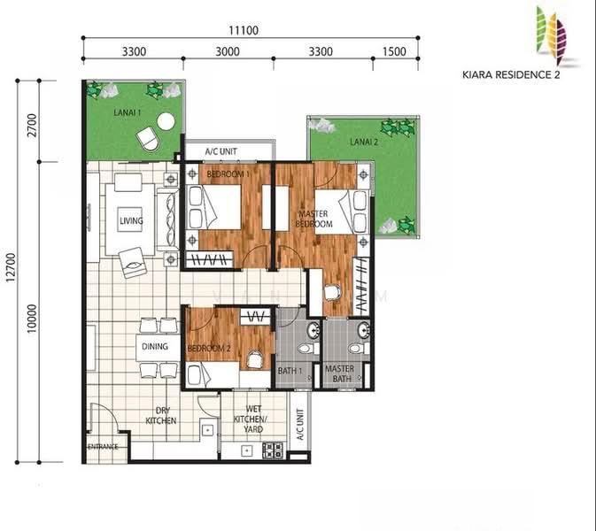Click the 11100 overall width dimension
click(x=244, y=30)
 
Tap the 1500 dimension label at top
click(x=394, y=51)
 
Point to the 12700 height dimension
click(x=11, y=267)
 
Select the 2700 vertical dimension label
click(x=33, y=126)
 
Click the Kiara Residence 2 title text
click(x=511, y=74)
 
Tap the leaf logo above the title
click(x=551, y=35)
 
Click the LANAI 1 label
click(x=128, y=112)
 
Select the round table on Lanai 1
click(x=166, y=122)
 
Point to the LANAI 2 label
click(x=364, y=142)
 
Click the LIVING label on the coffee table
click(x=131, y=220)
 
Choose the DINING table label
click(x=155, y=346)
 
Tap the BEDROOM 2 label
click(x=209, y=349)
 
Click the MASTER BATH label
click(x=340, y=373)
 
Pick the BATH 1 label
click(x=290, y=371)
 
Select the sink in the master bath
click(x=364, y=329)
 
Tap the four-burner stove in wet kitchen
click(x=273, y=450)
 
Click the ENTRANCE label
click(x=103, y=447)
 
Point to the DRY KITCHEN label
click(x=161, y=416)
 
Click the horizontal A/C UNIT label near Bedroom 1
click(x=221, y=151)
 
